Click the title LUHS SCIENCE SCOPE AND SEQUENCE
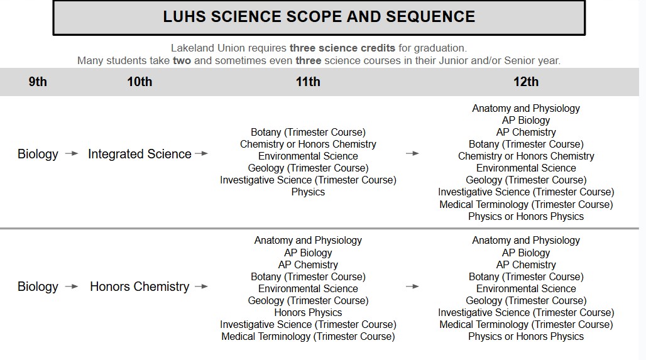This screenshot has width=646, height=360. [x=319, y=17]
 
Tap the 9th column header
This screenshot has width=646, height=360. [x=38, y=82]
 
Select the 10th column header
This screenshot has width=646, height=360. [x=140, y=82]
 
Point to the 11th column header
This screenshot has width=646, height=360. [x=308, y=82]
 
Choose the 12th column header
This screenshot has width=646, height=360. [x=526, y=82]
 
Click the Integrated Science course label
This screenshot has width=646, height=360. [x=140, y=154]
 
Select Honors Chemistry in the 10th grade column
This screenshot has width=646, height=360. [x=140, y=286]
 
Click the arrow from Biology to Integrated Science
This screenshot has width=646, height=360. [x=72, y=154]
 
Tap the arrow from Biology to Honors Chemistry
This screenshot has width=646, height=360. [x=72, y=286]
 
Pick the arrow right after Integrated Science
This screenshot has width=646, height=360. [x=201, y=154]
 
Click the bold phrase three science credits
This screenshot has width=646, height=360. [x=342, y=48]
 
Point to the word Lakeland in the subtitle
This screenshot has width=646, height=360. [x=191, y=48]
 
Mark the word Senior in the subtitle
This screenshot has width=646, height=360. [x=523, y=61]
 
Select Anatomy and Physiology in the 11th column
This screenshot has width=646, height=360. [x=308, y=240]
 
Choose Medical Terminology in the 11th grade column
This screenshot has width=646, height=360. [x=308, y=336]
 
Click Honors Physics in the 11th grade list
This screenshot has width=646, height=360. [x=308, y=312]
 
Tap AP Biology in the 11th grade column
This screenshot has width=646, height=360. [x=308, y=253]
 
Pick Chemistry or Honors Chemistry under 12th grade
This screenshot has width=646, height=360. [x=526, y=156]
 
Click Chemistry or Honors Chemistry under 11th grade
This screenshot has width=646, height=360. [x=308, y=144]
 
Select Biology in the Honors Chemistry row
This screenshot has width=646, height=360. [x=38, y=286]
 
